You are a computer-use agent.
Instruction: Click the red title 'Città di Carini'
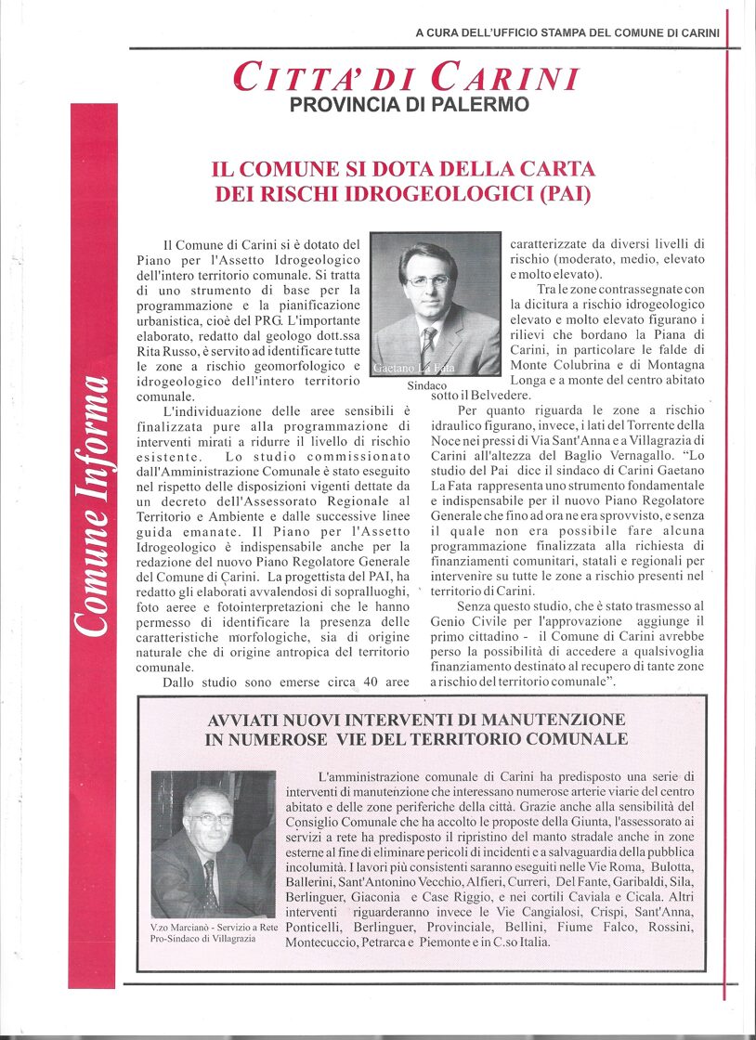coord(407,77)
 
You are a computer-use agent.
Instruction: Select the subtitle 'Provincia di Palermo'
coord(410,105)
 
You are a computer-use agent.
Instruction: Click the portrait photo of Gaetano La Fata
coord(435,304)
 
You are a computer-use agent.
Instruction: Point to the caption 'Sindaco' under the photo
coord(427,385)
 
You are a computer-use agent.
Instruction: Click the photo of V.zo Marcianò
coord(213,844)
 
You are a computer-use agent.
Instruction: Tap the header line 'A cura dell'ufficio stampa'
coord(567,32)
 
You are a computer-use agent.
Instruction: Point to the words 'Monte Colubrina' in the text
coord(563,364)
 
